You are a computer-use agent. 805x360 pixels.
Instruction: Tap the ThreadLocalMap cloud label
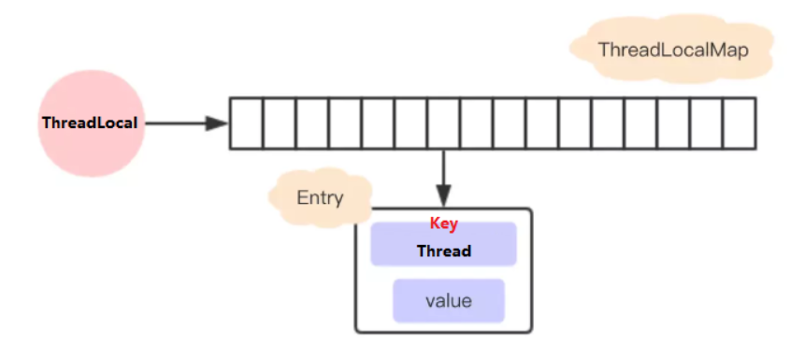pyautogui.click(x=673, y=50)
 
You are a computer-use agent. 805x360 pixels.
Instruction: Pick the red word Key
pyautogui.click(x=443, y=224)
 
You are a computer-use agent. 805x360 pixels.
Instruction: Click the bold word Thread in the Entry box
pyautogui.click(x=443, y=251)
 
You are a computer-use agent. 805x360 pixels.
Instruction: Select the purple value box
pyautogui.click(x=448, y=301)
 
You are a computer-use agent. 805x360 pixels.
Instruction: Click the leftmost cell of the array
pyautogui.click(x=246, y=123)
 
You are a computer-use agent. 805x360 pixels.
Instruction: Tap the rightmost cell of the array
pyautogui.click(x=739, y=123)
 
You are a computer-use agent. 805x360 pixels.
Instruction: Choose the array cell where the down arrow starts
pyautogui.click(x=443, y=123)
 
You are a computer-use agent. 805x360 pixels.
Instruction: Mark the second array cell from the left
pyautogui.click(x=279, y=123)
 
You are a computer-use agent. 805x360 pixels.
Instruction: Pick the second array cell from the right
pyautogui.click(x=706, y=123)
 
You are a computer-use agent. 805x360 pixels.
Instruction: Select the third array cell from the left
pyautogui.click(x=312, y=123)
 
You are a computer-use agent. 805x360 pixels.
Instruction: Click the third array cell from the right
pyautogui.click(x=673, y=123)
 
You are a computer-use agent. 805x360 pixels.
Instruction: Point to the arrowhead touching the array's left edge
pyautogui.click(x=219, y=123)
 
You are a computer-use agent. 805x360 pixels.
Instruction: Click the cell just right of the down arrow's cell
pyautogui.click(x=476, y=123)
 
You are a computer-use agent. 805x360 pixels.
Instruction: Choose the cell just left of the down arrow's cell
pyautogui.click(x=410, y=123)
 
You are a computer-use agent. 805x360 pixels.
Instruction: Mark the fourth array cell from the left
pyautogui.click(x=345, y=123)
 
